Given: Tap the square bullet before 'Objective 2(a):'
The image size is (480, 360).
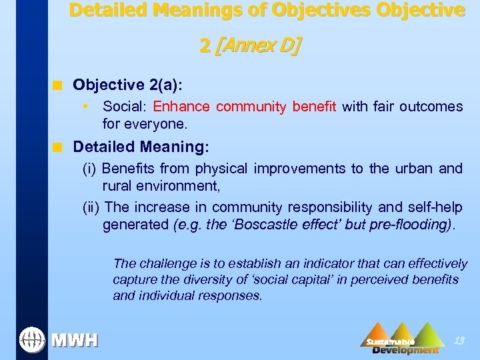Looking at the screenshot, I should pyautogui.click(x=59, y=85).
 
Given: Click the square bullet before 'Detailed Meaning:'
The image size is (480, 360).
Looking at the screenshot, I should pyautogui.click(x=59, y=147).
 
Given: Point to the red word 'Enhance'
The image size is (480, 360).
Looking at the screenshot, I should pyautogui.click(x=181, y=107).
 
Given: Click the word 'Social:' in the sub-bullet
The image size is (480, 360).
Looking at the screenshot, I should pyautogui.click(x=125, y=107).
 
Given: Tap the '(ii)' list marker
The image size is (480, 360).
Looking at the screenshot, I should pyautogui.click(x=91, y=207).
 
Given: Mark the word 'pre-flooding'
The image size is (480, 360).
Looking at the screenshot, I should pyautogui.click(x=411, y=225).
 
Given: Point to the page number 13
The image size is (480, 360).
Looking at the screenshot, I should pyautogui.click(x=459, y=341).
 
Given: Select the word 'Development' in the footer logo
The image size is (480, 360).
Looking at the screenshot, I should pyautogui.click(x=405, y=350).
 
